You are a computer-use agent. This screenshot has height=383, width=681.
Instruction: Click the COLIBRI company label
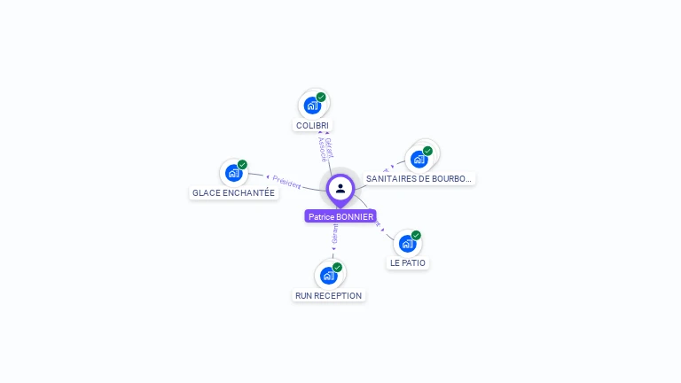[312, 126]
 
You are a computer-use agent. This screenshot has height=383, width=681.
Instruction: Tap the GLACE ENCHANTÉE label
[234, 193]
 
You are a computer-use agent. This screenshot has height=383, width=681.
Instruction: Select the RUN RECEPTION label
[328, 295]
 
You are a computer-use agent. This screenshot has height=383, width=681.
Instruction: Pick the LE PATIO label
[408, 263]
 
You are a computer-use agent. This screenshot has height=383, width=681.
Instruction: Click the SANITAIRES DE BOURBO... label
[419, 179]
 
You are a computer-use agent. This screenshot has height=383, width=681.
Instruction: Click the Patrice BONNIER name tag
[340, 216]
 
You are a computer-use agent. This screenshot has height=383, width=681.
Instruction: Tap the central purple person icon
[340, 188]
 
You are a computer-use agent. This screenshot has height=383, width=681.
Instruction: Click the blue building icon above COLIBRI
[312, 106]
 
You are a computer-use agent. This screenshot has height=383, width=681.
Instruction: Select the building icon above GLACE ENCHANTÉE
[233, 173]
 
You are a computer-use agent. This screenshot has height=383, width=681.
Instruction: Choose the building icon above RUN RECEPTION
[328, 275]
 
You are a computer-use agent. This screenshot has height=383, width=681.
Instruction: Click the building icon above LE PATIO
[407, 243]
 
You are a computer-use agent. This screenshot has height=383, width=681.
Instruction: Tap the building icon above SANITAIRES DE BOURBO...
[419, 159]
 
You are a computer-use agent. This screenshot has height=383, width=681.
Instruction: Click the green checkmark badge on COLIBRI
[321, 97]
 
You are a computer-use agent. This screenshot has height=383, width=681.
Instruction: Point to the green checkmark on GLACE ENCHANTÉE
[242, 165]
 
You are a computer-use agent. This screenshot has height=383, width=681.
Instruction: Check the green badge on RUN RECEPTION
[337, 267]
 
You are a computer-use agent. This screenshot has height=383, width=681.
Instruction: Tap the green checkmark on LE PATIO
[416, 235]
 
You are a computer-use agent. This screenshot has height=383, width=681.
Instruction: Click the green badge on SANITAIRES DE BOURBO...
[427, 151]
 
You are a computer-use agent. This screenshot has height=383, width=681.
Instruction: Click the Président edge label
[286, 181]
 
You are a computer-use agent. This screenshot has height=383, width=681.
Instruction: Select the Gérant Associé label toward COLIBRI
[325, 148]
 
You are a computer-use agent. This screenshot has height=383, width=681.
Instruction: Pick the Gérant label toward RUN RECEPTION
[334, 234]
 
